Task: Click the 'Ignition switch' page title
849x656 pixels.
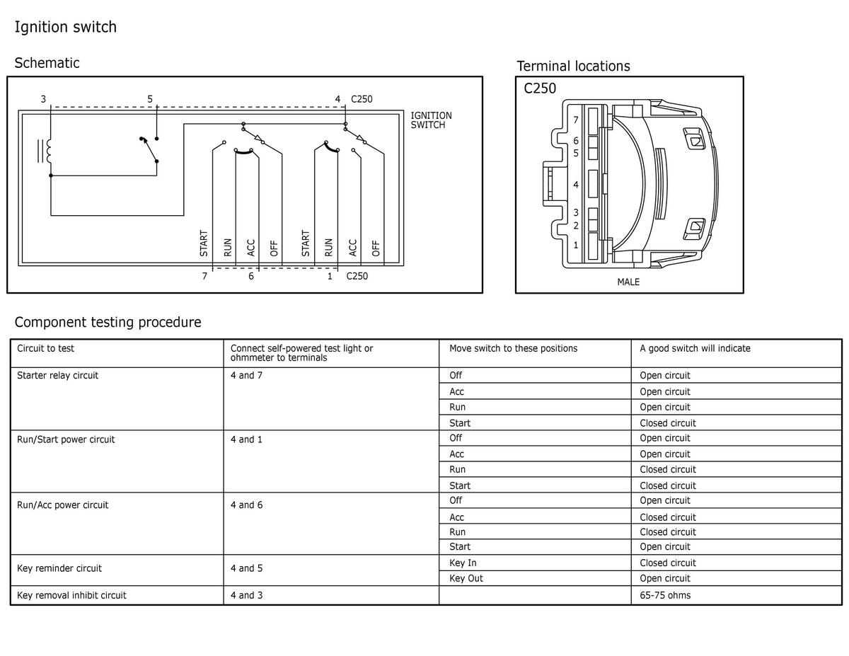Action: (66, 28)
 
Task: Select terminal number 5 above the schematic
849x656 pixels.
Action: (150, 99)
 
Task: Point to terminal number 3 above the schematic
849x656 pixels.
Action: (43, 99)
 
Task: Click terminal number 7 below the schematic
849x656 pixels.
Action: (204, 276)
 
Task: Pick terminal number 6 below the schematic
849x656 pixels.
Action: (251, 276)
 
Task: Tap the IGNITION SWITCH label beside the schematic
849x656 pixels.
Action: (431, 120)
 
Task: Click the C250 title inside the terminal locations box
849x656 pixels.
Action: (540, 88)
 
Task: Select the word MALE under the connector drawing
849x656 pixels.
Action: (628, 282)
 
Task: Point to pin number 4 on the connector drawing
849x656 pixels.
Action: (576, 185)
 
